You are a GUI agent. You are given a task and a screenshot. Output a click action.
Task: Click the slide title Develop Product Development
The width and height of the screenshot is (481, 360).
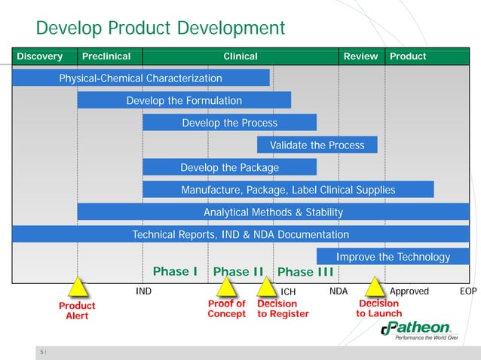[160, 29]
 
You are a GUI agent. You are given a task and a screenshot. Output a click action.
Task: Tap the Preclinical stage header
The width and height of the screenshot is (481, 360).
[106, 56]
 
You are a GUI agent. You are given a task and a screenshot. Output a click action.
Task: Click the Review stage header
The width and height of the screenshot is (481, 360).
[360, 56]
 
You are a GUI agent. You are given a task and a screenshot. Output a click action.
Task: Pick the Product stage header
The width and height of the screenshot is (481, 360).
[407, 56]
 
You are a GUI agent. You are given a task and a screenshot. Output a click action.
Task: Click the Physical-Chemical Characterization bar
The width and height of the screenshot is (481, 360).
[141, 78]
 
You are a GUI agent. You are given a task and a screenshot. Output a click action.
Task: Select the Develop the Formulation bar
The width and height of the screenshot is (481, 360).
[184, 100]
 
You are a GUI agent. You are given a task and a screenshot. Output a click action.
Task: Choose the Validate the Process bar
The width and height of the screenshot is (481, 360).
[317, 145]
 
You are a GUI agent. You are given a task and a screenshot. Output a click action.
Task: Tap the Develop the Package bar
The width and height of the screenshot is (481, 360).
[229, 167]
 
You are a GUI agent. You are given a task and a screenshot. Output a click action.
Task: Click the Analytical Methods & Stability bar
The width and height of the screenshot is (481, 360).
[273, 212]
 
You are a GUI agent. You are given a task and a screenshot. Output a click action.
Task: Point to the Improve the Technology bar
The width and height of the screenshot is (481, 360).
[393, 257]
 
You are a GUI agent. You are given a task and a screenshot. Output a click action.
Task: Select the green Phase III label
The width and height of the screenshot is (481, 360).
[305, 272]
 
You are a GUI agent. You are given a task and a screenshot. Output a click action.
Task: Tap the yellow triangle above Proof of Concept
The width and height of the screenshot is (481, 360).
[225, 287]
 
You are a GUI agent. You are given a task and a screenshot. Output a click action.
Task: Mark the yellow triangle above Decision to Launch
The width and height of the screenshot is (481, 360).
[375, 287]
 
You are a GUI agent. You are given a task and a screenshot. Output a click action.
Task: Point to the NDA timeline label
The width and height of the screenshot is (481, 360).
[339, 291]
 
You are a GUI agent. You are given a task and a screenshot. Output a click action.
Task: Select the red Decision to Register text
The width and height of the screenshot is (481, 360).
[283, 309]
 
